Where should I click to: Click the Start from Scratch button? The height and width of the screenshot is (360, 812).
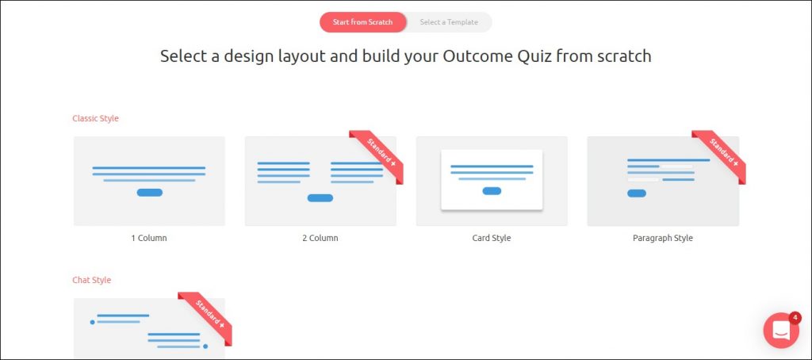click(x=362, y=22)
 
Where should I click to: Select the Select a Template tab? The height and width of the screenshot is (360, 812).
click(x=449, y=22)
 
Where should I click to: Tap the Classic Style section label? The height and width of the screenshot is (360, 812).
click(x=95, y=119)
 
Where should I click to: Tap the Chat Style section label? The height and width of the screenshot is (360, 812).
click(x=92, y=280)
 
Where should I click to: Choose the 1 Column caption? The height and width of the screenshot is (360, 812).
click(x=149, y=238)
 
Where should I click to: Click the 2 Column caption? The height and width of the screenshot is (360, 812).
click(x=320, y=238)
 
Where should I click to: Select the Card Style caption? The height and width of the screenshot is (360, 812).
click(x=492, y=238)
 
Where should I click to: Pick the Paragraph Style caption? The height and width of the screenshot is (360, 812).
click(x=663, y=238)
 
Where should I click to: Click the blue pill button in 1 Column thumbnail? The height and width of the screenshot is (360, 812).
click(x=150, y=193)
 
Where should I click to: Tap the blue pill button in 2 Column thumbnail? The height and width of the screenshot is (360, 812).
click(x=320, y=198)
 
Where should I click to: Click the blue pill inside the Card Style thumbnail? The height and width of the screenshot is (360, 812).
click(x=492, y=191)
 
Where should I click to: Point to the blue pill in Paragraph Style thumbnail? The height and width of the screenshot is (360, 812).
click(x=637, y=193)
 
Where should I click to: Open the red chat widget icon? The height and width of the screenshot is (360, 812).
click(x=781, y=331)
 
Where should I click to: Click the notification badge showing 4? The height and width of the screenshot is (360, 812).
click(x=795, y=317)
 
